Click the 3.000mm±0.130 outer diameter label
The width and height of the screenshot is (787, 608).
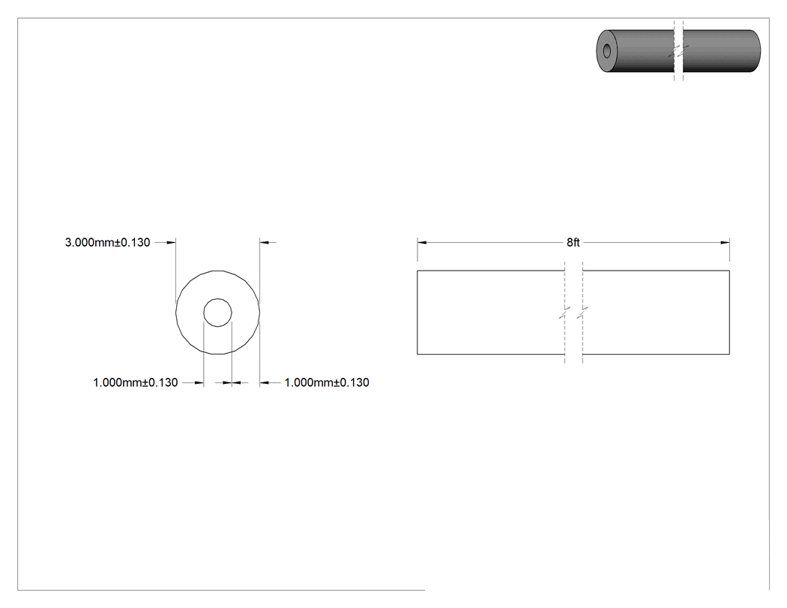107,242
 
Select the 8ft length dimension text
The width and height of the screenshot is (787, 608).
573,242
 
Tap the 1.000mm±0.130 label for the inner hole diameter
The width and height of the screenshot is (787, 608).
136,382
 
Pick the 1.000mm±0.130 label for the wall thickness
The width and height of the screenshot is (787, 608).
327,382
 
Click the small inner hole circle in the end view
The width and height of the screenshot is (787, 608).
217,298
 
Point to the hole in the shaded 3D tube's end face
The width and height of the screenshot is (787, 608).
607,51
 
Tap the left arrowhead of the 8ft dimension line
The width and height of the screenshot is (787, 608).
421,242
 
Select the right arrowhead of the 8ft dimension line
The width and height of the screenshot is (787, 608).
725,242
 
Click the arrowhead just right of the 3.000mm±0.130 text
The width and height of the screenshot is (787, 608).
171,242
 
